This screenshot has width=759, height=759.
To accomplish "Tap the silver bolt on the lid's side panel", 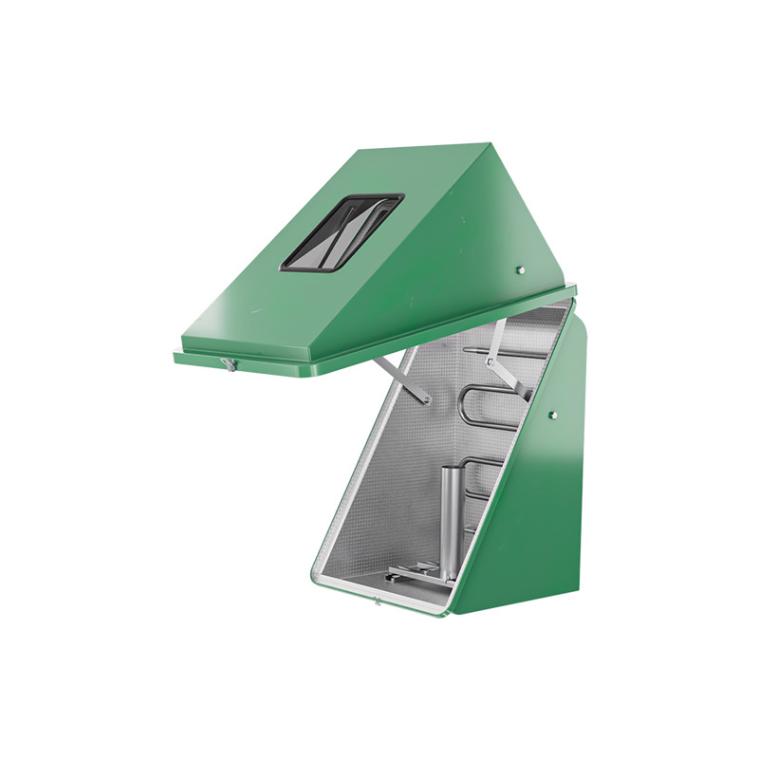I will [520, 269].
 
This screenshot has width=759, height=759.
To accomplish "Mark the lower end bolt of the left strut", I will [425, 399].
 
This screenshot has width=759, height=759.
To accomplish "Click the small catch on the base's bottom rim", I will [377, 599].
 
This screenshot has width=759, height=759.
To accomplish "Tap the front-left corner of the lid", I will [177, 357].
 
